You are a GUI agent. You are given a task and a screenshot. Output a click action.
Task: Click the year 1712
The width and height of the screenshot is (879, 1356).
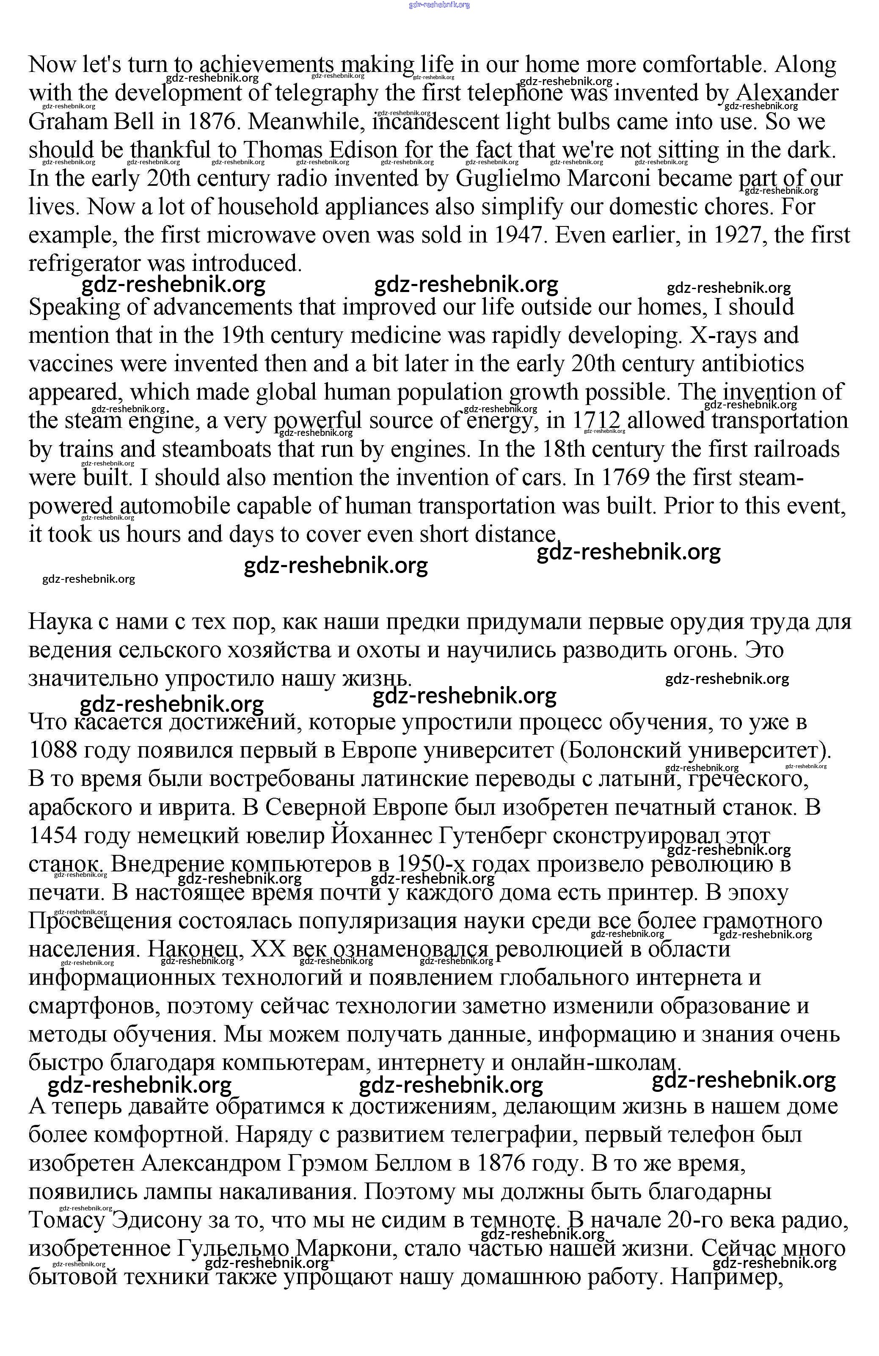[x=596, y=421]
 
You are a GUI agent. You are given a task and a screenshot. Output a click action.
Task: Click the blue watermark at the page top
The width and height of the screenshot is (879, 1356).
[x=439, y=5]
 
